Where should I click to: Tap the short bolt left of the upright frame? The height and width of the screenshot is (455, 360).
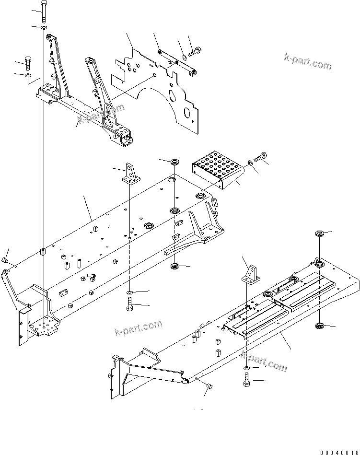29,64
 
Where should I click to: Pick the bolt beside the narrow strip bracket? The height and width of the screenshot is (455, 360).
196,49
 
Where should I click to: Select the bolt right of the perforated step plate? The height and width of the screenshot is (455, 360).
261,156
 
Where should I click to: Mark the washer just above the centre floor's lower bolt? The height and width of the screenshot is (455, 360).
130,292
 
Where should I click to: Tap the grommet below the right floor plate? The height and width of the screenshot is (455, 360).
319,327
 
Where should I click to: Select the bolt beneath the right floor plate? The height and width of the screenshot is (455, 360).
246,381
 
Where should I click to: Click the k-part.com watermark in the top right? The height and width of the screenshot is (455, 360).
307,62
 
